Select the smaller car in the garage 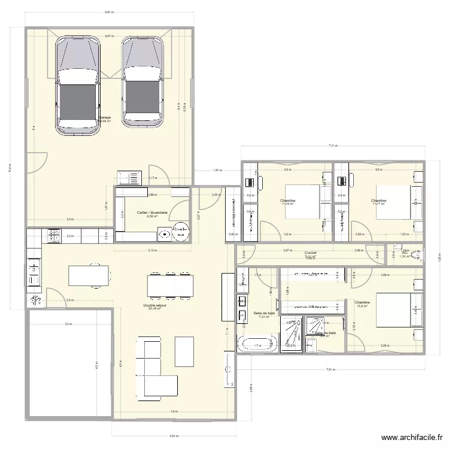coord(142,81)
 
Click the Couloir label coord(310,253)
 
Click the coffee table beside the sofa coord(184,351)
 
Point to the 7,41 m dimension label coord(332,145)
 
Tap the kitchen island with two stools coord(90,275)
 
